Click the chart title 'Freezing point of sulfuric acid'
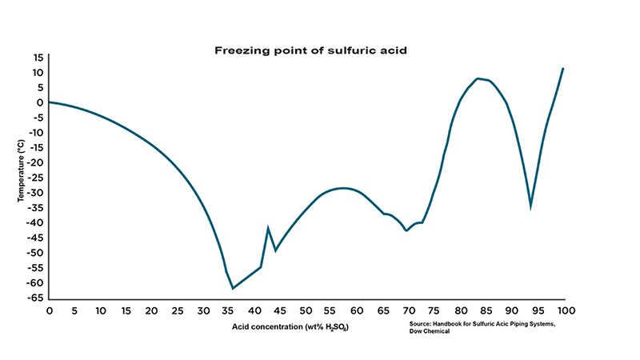coord(310,50)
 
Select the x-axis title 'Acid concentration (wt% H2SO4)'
coord(290,327)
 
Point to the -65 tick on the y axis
coord(36,298)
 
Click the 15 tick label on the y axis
coord(38,58)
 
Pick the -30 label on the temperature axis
coord(36,193)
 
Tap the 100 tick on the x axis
coord(565,310)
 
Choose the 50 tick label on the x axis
coord(306,310)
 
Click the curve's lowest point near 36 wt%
coord(233,288)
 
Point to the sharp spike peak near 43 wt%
coord(268,228)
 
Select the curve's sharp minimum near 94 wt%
coord(530,208)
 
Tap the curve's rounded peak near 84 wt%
coord(478,78)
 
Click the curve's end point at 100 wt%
coord(563,68)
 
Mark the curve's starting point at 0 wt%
coord(49,102)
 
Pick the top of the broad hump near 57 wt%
coord(343,188)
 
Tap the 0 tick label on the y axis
coord(40,102)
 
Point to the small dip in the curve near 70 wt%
coord(407,230)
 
